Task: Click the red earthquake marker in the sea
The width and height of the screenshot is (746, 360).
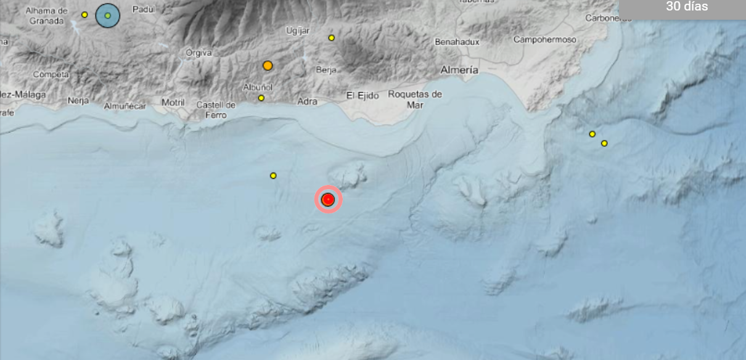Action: pos(329,200)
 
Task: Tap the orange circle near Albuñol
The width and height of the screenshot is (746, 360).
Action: pos(268,65)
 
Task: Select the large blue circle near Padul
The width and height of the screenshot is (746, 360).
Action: pos(108,15)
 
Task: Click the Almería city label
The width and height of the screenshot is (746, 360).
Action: pos(459,70)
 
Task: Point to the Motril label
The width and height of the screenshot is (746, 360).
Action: pos(173,102)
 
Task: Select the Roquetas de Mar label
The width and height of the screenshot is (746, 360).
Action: pos(416,99)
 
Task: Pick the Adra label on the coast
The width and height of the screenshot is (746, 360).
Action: pos(307,102)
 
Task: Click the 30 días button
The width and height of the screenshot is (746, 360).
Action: pos(687,7)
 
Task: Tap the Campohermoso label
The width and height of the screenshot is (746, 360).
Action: pos(545,40)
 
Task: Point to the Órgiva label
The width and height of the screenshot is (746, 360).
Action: pos(199,53)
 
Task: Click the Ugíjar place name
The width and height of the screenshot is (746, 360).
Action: pos(298,31)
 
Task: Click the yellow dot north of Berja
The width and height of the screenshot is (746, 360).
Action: pos(331,38)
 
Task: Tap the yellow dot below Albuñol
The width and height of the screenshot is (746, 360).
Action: pos(261,98)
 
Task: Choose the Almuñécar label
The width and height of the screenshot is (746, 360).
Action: pos(125,106)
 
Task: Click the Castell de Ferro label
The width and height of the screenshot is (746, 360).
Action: pos(216,110)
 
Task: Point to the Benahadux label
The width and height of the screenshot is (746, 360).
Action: pos(457,42)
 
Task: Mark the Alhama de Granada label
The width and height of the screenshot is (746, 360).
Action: pos(47,16)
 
